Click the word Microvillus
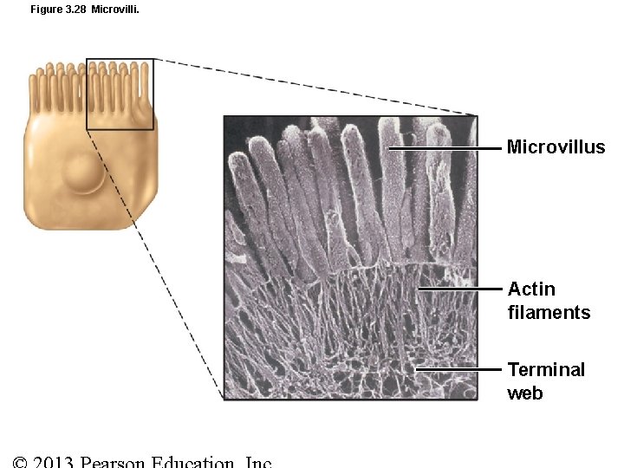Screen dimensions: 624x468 pyautogui.click(x=556, y=147)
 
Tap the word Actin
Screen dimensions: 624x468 pyautogui.click(x=531, y=289)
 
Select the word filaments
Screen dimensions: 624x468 pyautogui.click(x=549, y=313)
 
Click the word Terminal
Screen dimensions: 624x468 pyautogui.click(x=546, y=370)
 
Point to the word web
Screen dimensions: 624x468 pyautogui.click(x=525, y=393)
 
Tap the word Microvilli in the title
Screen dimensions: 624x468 pyautogui.click(x=114, y=10)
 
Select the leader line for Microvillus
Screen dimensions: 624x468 pyautogui.click(x=446, y=149)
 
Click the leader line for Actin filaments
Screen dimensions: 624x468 pyautogui.click(x=459, y=289)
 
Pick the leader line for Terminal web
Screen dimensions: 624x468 pyautogui.click(x=459, y=369)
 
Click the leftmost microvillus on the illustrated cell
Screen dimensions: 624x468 pyautogui.click(x=39, y=80)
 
